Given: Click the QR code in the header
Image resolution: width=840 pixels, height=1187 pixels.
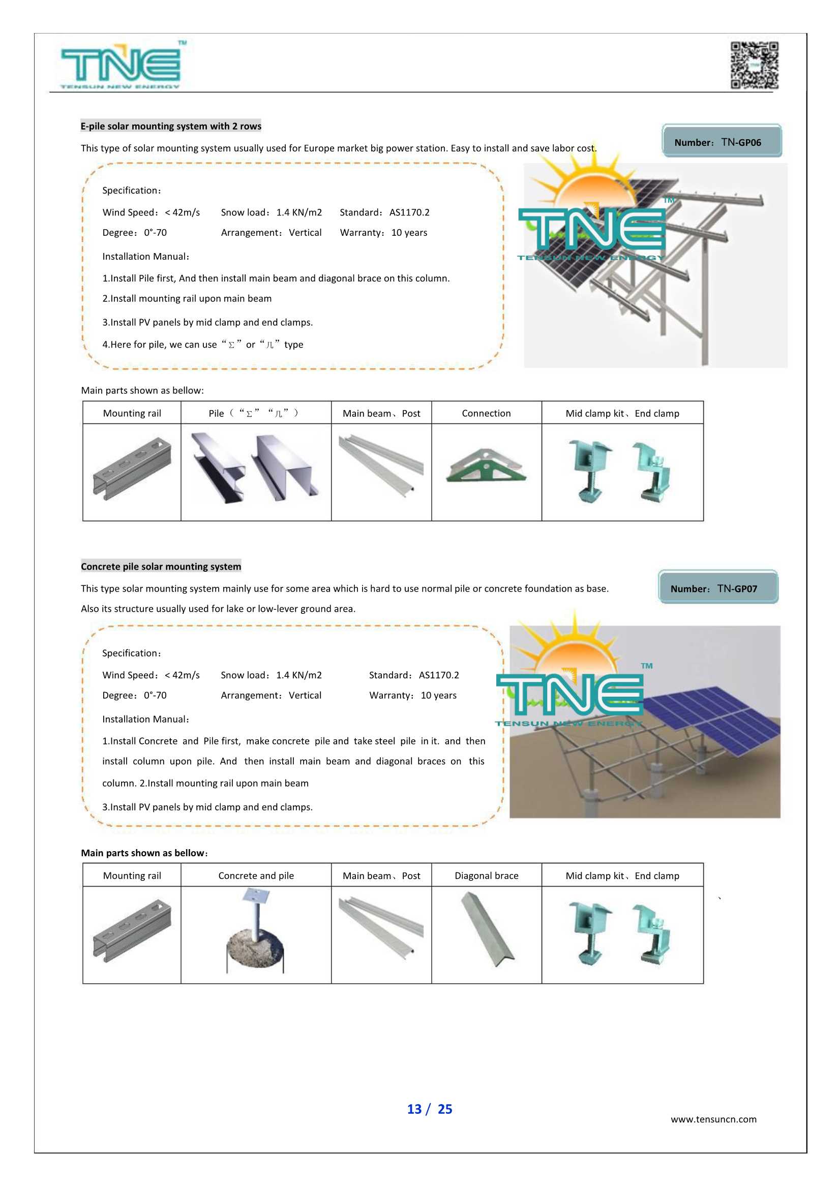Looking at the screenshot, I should [754, 65].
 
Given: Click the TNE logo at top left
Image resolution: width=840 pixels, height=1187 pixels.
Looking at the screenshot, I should [121, 66].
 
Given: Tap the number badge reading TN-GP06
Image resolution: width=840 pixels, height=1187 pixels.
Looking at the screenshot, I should [722, 141].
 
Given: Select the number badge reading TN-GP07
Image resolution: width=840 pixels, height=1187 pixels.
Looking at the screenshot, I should [718, 587].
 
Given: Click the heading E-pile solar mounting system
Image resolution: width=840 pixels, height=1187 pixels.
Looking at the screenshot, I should [171, 126].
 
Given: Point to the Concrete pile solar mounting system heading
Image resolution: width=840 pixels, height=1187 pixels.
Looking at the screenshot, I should [161, 566].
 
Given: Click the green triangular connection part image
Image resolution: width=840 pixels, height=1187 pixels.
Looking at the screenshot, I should [486, 466].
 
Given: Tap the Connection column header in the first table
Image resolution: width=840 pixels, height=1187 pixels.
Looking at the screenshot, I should [486, 413].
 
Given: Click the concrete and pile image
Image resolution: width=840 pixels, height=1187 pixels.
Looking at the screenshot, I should [256, 930].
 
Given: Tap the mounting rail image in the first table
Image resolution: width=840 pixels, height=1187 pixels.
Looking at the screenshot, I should [132, 468].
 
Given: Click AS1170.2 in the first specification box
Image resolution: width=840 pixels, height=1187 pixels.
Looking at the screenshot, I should [409, 212].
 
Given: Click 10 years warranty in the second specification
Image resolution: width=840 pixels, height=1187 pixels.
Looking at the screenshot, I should [438, 695].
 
